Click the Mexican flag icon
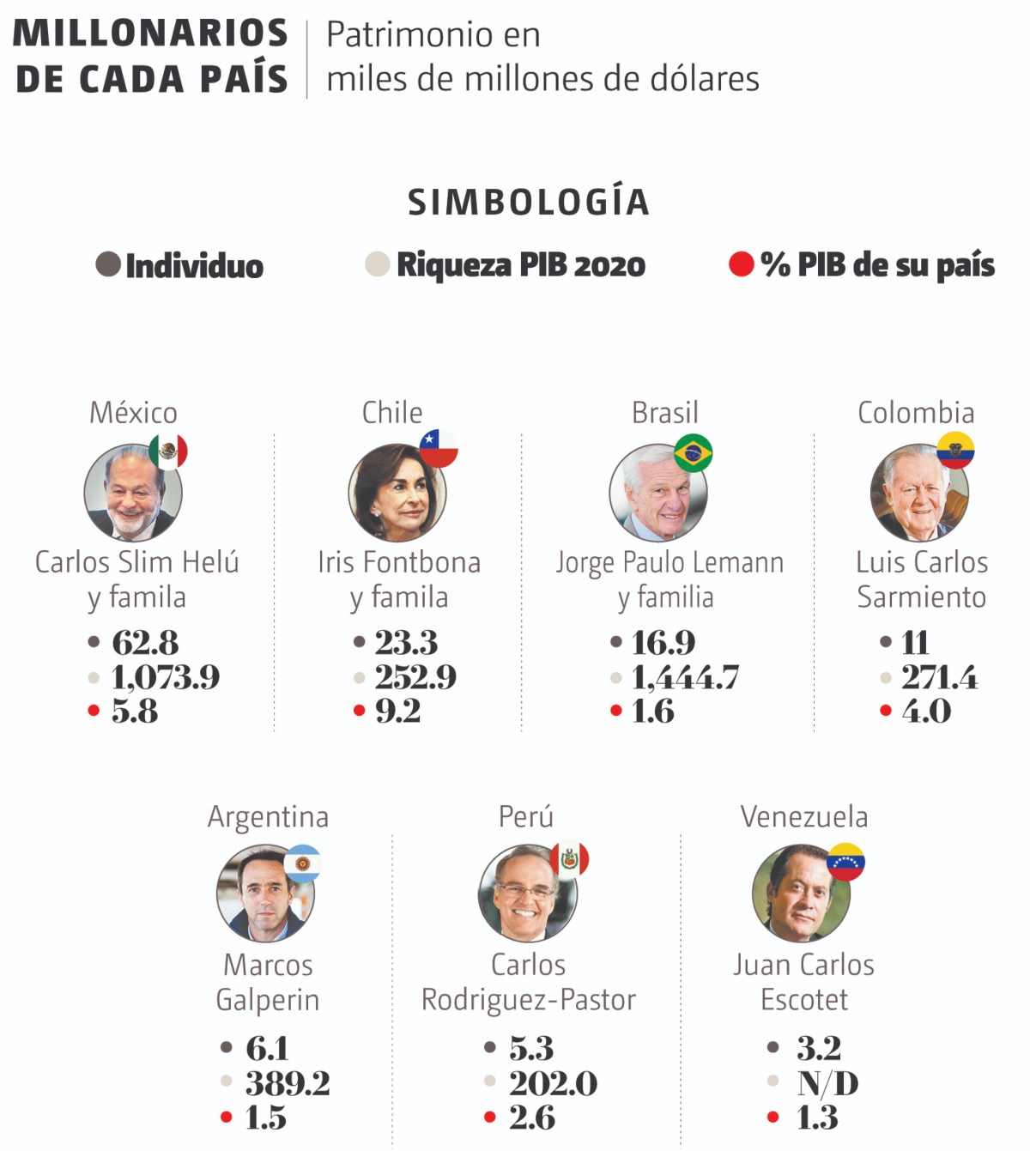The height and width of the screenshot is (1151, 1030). coord(168,451)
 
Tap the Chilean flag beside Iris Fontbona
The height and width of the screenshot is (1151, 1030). coord(439,448)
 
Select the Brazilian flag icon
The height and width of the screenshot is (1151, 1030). coord(694,452)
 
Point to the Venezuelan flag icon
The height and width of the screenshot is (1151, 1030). coord(845,862)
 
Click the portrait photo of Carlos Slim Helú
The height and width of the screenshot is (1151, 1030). coord(132,493)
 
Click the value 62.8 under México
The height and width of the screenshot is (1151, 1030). coord(145,642)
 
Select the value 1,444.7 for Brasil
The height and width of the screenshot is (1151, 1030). coord(685,677)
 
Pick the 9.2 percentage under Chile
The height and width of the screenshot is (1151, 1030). coord(397,711)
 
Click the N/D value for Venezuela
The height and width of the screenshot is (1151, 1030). coord(827,1083)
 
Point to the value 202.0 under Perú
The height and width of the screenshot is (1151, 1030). coord(553,1083)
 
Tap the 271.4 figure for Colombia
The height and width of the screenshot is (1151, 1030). coord(939,677)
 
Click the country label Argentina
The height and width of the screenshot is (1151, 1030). coord(268,817)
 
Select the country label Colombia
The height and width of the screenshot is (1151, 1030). coord(916,413)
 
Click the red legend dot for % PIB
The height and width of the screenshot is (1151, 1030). coord(741,264)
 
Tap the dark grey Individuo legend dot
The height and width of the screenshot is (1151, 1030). coord(108,264)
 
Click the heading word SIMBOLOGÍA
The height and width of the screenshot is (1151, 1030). coord(528,203)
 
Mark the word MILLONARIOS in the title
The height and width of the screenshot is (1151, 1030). coord(150,33)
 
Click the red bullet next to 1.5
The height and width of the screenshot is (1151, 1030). coord(227,1117)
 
